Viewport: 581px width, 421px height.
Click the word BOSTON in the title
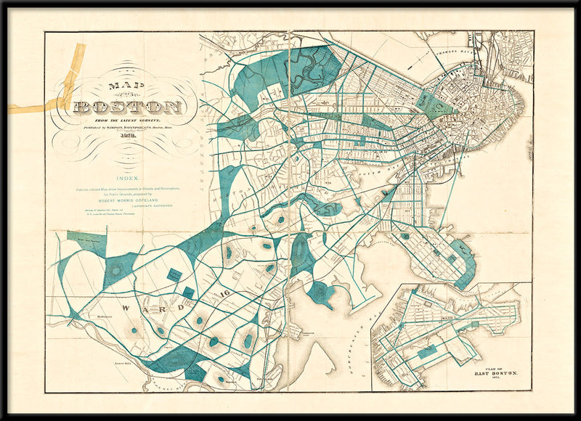point(128,108)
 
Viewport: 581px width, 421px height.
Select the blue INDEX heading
point(129,176)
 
